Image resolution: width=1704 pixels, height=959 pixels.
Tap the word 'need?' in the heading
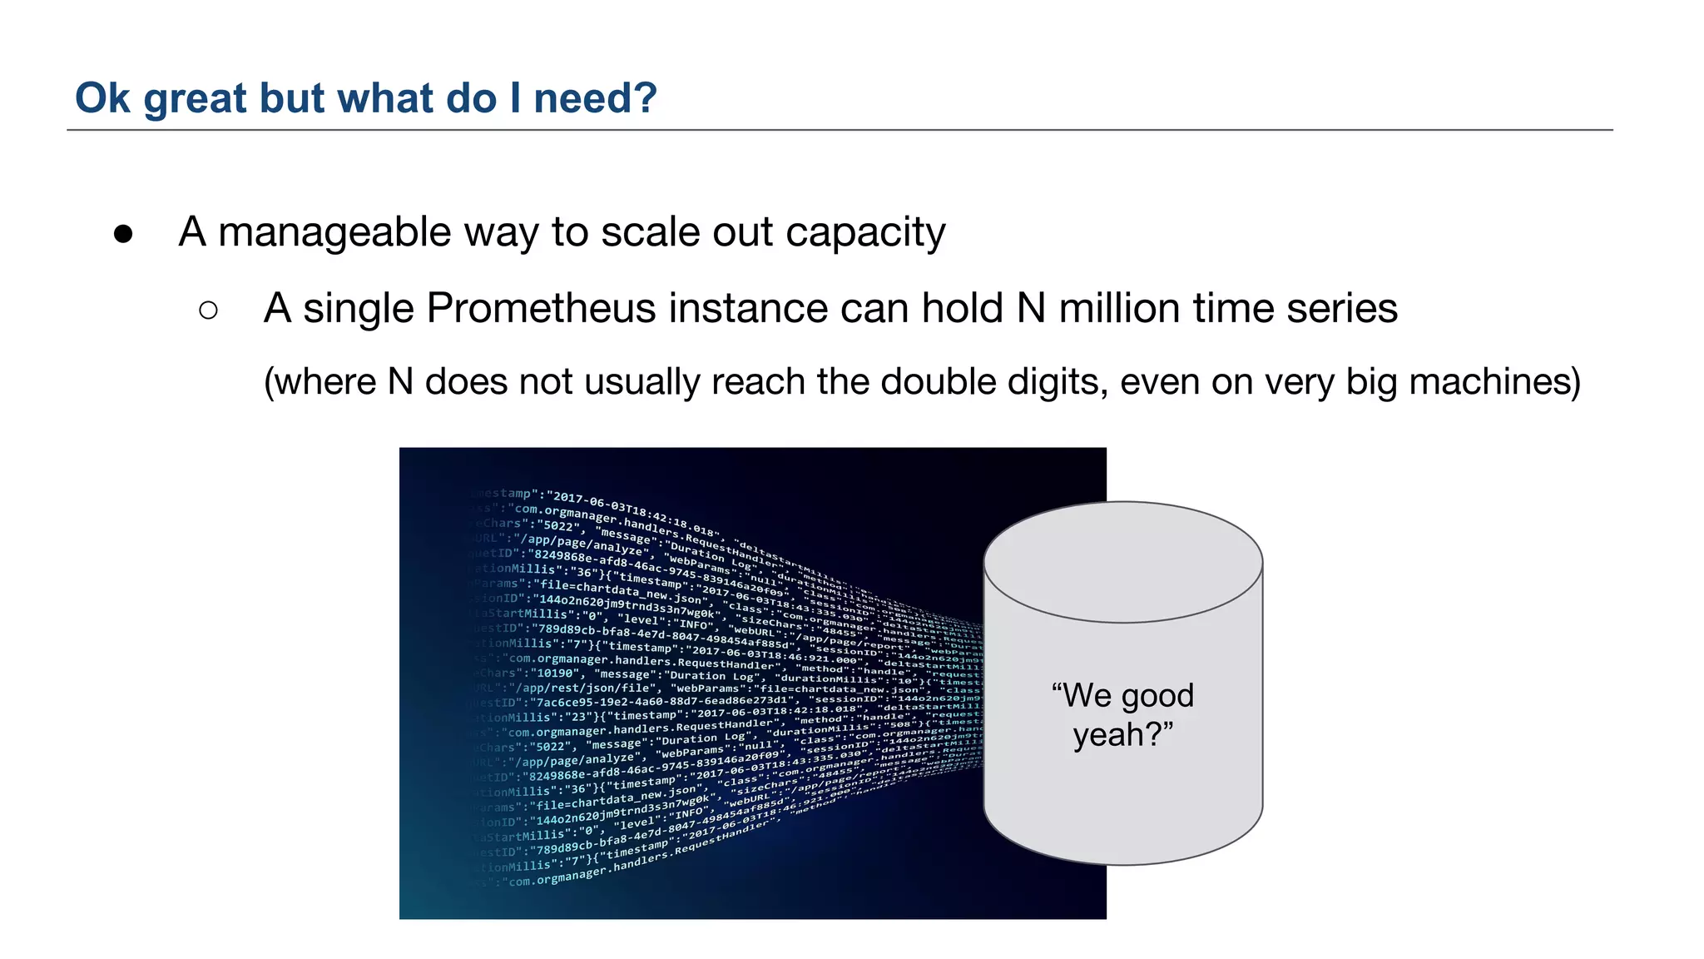pos(595,98)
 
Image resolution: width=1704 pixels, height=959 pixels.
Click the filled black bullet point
pos(123,234)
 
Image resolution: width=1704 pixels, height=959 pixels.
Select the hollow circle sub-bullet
pos(209,311)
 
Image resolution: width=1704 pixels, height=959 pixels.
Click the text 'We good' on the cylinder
pos(1122,695)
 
